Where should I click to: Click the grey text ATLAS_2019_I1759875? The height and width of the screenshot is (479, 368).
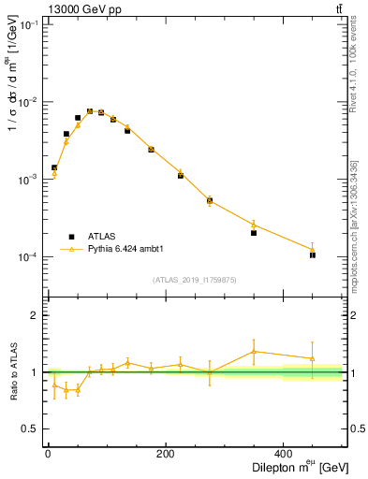click(195, 280)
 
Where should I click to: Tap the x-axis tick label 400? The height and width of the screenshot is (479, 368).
click(283, 455)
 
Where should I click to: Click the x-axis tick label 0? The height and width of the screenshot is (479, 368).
click(48, 455)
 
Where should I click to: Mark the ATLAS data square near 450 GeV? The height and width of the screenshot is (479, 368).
click(313, 254)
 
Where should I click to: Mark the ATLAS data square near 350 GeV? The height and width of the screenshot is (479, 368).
click(254, 233)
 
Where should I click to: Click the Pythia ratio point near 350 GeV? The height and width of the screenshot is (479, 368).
click(254, 352)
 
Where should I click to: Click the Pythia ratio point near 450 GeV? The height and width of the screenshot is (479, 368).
click(313, 358)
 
